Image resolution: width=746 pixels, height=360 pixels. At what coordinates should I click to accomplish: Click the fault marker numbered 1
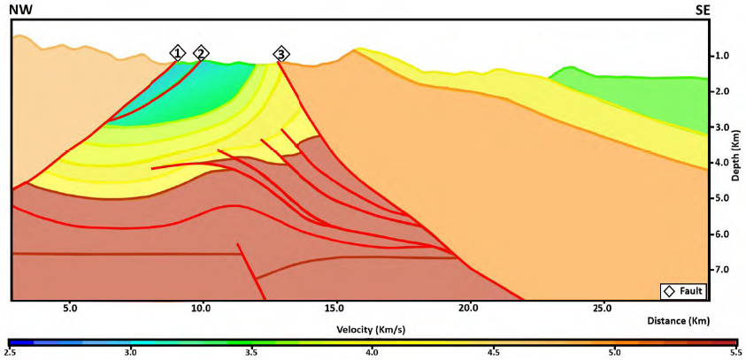178,53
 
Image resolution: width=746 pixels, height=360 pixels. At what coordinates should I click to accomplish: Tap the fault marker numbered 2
202,53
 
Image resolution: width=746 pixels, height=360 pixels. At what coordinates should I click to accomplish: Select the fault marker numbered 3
281,54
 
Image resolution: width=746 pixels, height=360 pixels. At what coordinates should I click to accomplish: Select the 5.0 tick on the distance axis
70,309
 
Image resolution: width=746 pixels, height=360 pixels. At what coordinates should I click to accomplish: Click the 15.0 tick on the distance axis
335,309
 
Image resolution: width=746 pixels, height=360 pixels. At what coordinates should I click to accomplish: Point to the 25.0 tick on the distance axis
601,309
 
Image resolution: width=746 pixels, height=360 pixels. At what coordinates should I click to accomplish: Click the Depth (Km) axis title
736,157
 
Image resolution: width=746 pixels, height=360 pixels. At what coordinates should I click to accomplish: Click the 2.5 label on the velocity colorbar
11,353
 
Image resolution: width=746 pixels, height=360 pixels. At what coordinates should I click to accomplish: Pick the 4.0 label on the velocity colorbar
373,353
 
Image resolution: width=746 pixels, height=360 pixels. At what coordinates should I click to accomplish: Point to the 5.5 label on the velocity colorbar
734,353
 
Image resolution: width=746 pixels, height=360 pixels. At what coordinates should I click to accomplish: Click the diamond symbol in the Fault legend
669,290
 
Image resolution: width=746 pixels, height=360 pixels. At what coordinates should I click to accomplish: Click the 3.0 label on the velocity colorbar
131,353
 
